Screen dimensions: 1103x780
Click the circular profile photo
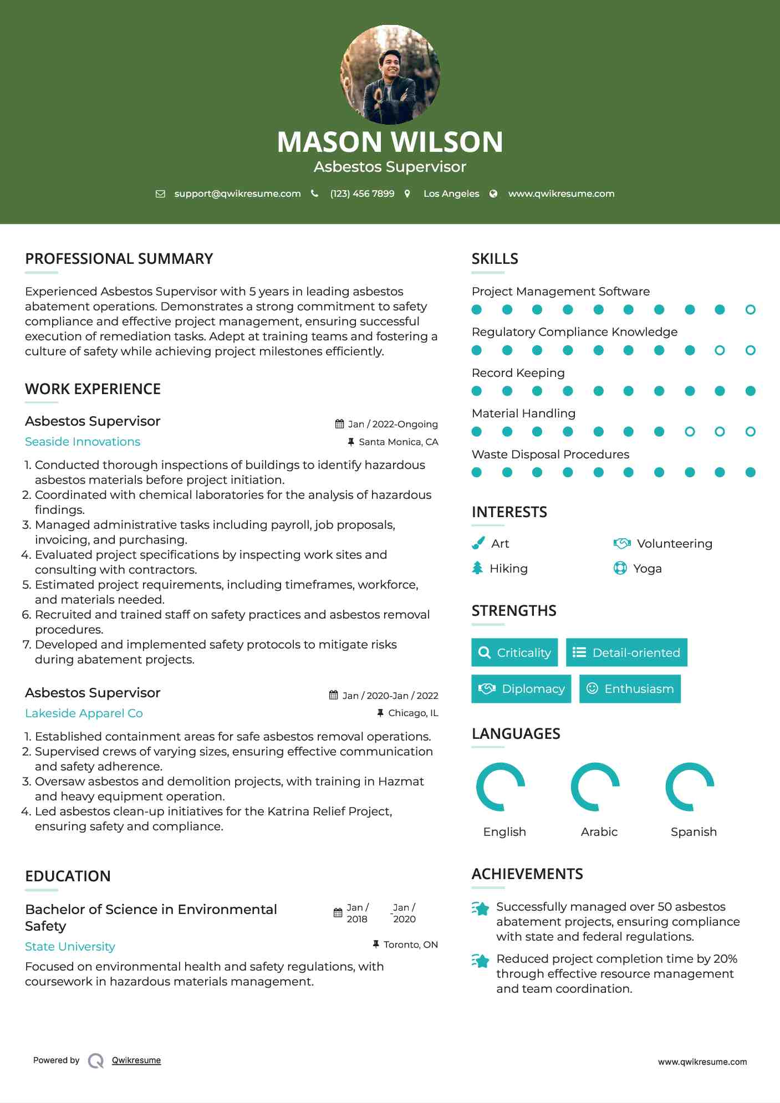point(390,74)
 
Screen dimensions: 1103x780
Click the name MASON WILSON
point(390,142)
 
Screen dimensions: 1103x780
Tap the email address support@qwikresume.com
point(237,193)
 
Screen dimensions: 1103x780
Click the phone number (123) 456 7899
point(362,193)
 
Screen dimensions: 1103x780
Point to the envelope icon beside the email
point(160,194)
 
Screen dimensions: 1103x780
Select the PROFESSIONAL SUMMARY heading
point(119,259)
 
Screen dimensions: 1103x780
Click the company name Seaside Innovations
point(83,442)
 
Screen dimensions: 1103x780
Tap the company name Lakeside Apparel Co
point(84,713)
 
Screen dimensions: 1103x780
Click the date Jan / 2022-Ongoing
point(392,424)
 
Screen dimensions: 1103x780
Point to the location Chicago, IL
point(413,713)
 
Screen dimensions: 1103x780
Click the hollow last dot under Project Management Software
point(750,310)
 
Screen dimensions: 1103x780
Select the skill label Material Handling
point(523,413)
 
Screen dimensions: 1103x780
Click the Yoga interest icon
point(620,568)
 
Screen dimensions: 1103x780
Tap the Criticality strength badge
point(514,652)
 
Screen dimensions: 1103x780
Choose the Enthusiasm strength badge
point(630,689)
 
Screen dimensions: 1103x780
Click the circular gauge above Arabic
point(595,787)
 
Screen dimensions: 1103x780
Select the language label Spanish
point(694,832)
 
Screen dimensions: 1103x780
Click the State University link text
point(70,947)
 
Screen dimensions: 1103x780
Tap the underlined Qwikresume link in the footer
point(136,1060)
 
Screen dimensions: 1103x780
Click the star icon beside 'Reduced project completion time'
point(480,961)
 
